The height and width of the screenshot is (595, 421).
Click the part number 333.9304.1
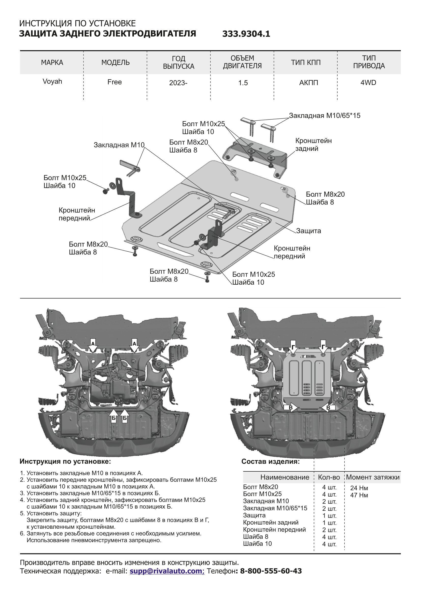[246, 34]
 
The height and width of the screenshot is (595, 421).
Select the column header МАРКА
[52, 63]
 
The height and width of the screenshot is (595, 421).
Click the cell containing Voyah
[52, 81]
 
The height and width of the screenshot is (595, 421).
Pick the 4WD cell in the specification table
[368, 83]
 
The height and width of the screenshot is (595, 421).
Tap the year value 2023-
[178, 83]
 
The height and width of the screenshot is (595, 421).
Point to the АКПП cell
[308, 83]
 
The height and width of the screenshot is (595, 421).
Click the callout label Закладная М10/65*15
[325, 115]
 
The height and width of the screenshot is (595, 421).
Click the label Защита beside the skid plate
[308, 231]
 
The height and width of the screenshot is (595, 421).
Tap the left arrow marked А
[93, 345]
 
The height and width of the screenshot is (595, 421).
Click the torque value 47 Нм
[359, 495]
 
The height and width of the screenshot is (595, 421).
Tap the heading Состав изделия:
[270, 461]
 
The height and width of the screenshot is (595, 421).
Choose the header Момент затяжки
[373, 477]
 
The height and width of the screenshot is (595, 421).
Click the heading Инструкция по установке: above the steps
[65, 461]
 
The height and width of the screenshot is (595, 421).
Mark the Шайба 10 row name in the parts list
[257, 543]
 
